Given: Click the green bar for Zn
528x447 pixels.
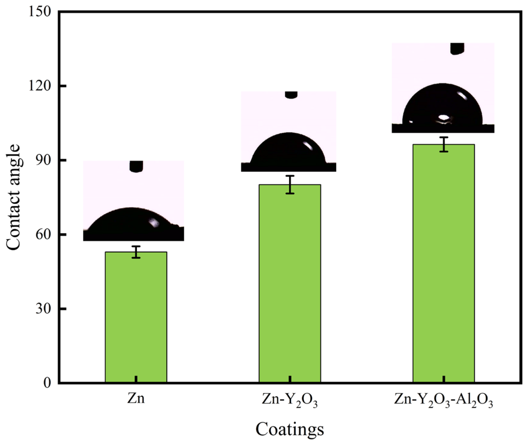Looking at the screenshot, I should pyautogui.click(x=136, y=317).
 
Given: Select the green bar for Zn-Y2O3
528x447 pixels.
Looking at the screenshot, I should pyautogui.click(x=290, y=284).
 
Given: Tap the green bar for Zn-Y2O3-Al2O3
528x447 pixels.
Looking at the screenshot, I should pyautogui.click(x=443, y=264).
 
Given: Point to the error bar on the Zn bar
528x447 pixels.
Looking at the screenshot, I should pyautogui.click(x=136, y=252).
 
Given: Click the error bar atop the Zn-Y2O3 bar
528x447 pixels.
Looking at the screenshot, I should pyautogui.click(x=290, y=184).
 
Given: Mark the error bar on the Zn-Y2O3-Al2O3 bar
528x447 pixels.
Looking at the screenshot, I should pyautogui.click(x=444, y=144).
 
